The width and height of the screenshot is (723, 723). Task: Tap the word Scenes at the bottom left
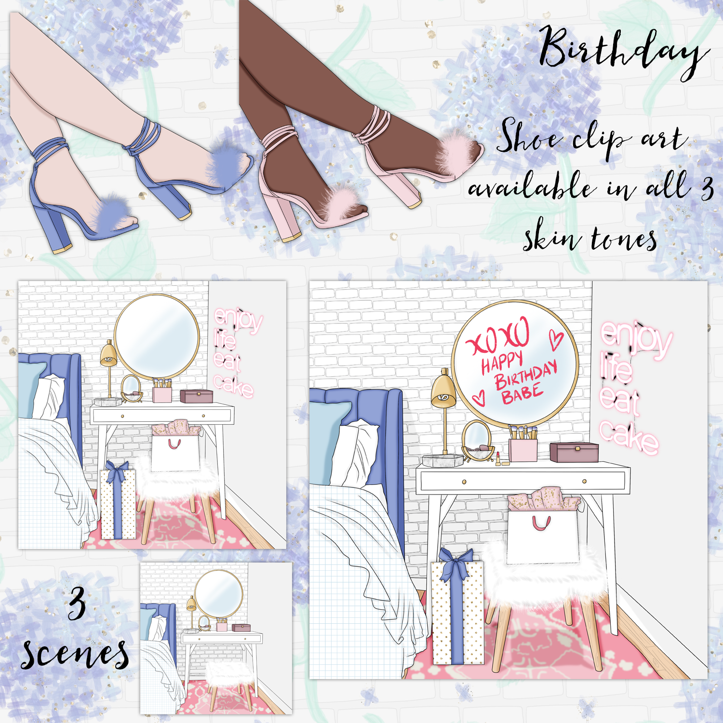tap(75, 653)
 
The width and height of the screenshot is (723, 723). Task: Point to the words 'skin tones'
tap(590, 236)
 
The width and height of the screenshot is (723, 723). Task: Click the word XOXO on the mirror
tap(499, 336)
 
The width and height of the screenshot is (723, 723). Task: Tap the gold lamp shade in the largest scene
tap(444, 390)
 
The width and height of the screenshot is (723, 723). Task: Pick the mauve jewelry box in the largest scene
tap(574, 452)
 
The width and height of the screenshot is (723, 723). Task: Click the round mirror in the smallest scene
tap(219, 594)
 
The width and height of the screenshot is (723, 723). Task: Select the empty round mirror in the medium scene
tap(157, 336)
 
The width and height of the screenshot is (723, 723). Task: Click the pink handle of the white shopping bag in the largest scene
tap(541, 522)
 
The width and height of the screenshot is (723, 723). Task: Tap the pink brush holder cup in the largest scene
tap(523, 450)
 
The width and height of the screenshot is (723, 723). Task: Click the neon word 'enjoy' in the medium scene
tap(239, 320)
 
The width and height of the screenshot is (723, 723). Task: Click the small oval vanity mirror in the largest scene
tap(477, 439)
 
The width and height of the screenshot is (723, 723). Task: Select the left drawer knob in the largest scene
tap(464, 482)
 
